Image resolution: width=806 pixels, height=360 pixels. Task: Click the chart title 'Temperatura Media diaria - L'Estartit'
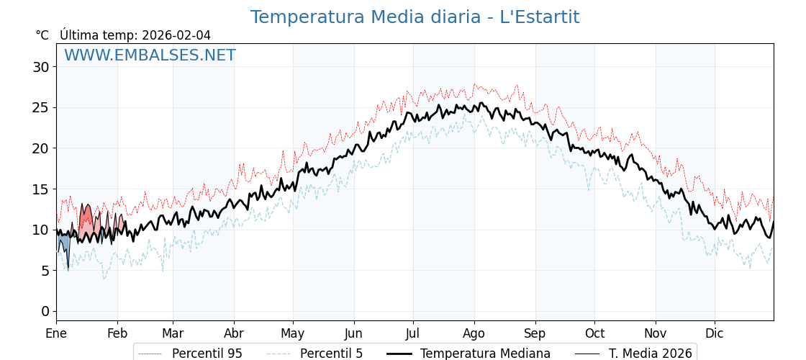[x=415, y=17]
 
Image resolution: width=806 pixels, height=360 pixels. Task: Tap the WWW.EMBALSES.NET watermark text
[x=150, y=55]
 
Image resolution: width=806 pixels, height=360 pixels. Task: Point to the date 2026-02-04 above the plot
[x=176, y=35]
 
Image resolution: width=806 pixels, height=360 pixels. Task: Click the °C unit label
[x=42, y=35]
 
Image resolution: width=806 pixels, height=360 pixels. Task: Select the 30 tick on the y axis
[x=40, y=67]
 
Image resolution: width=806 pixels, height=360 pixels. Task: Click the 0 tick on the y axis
[x=45, y=311]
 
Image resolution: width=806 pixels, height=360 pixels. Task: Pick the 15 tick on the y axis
[x=40, y=189]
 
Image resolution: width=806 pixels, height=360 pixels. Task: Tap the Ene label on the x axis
[x=56, y=333]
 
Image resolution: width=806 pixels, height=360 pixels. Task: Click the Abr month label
[x=234, y=333]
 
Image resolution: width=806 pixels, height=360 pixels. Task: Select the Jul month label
[x=413, y=333]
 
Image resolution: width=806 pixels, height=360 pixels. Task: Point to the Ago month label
[x=474, y=333]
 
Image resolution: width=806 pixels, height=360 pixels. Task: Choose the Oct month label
[x=594, y=333]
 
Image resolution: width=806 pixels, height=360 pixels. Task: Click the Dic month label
[x=715, y=333]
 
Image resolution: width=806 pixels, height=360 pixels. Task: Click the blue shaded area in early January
[x=64, y=241]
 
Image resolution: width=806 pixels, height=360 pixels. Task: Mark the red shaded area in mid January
[x=86, y=220]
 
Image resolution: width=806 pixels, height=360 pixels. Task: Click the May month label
[x=293, y=333]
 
